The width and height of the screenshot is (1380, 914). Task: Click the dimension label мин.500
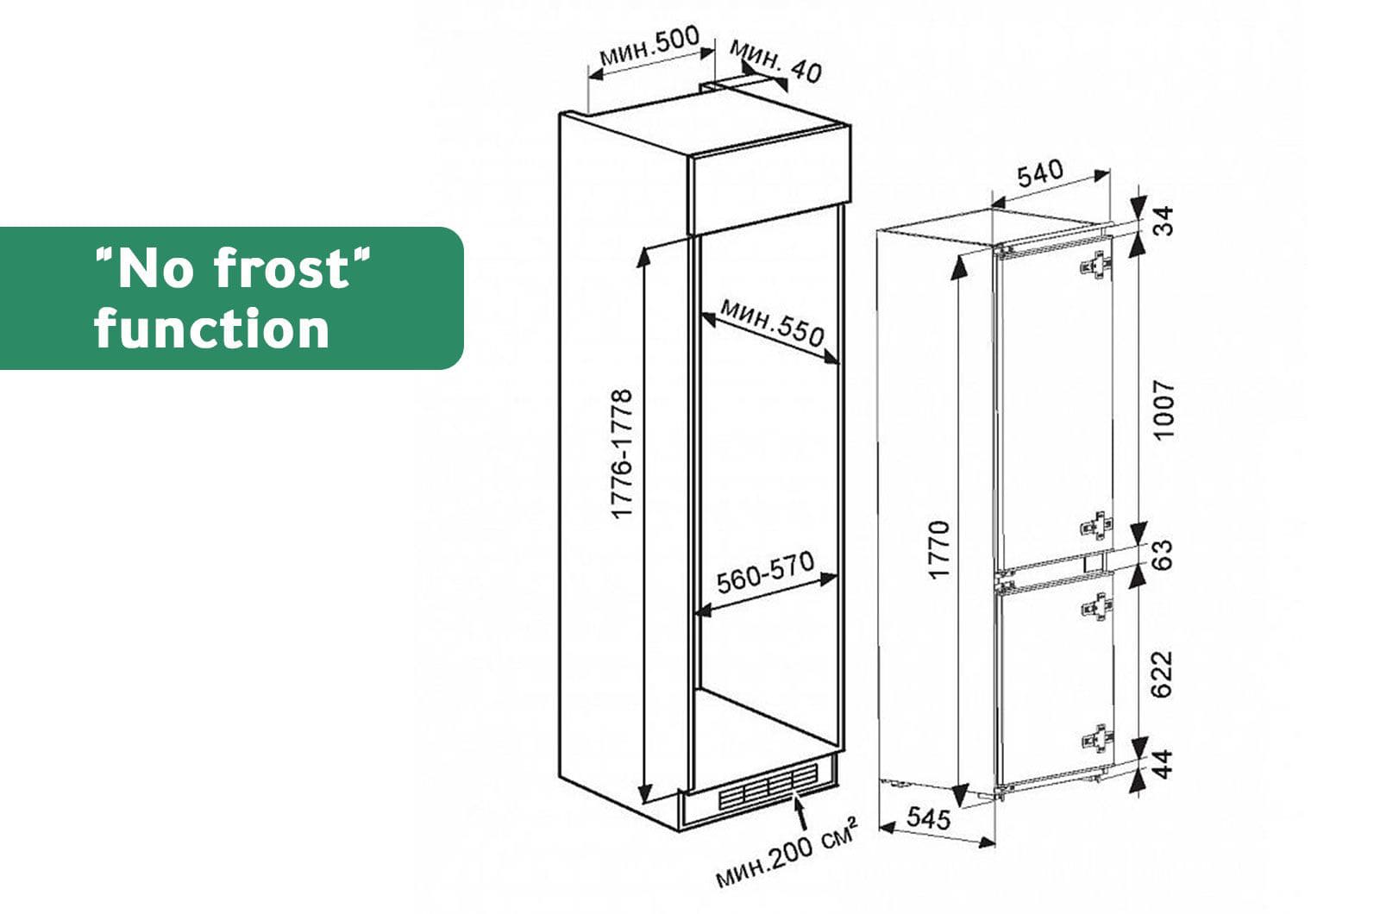point(649,46)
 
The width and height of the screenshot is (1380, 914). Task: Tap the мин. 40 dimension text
point(776,61)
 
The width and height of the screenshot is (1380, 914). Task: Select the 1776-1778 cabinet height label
point(623,454)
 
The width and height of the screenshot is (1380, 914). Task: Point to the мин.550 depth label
point(772,322)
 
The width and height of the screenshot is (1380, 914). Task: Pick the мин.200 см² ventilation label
point(787,852)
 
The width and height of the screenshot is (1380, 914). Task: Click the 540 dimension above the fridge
point(1040,173)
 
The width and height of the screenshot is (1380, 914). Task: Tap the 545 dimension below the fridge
point(929,818)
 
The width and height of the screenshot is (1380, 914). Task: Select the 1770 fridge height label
point(940,549)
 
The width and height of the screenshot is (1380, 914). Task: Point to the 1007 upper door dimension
point(1164,410)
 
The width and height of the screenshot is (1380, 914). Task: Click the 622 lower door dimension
point(1164,674)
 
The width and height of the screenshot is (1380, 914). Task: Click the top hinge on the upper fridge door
point(1096,266)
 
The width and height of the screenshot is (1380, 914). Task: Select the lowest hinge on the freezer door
point(1096,738)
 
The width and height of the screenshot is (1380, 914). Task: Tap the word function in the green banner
point(212,329)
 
